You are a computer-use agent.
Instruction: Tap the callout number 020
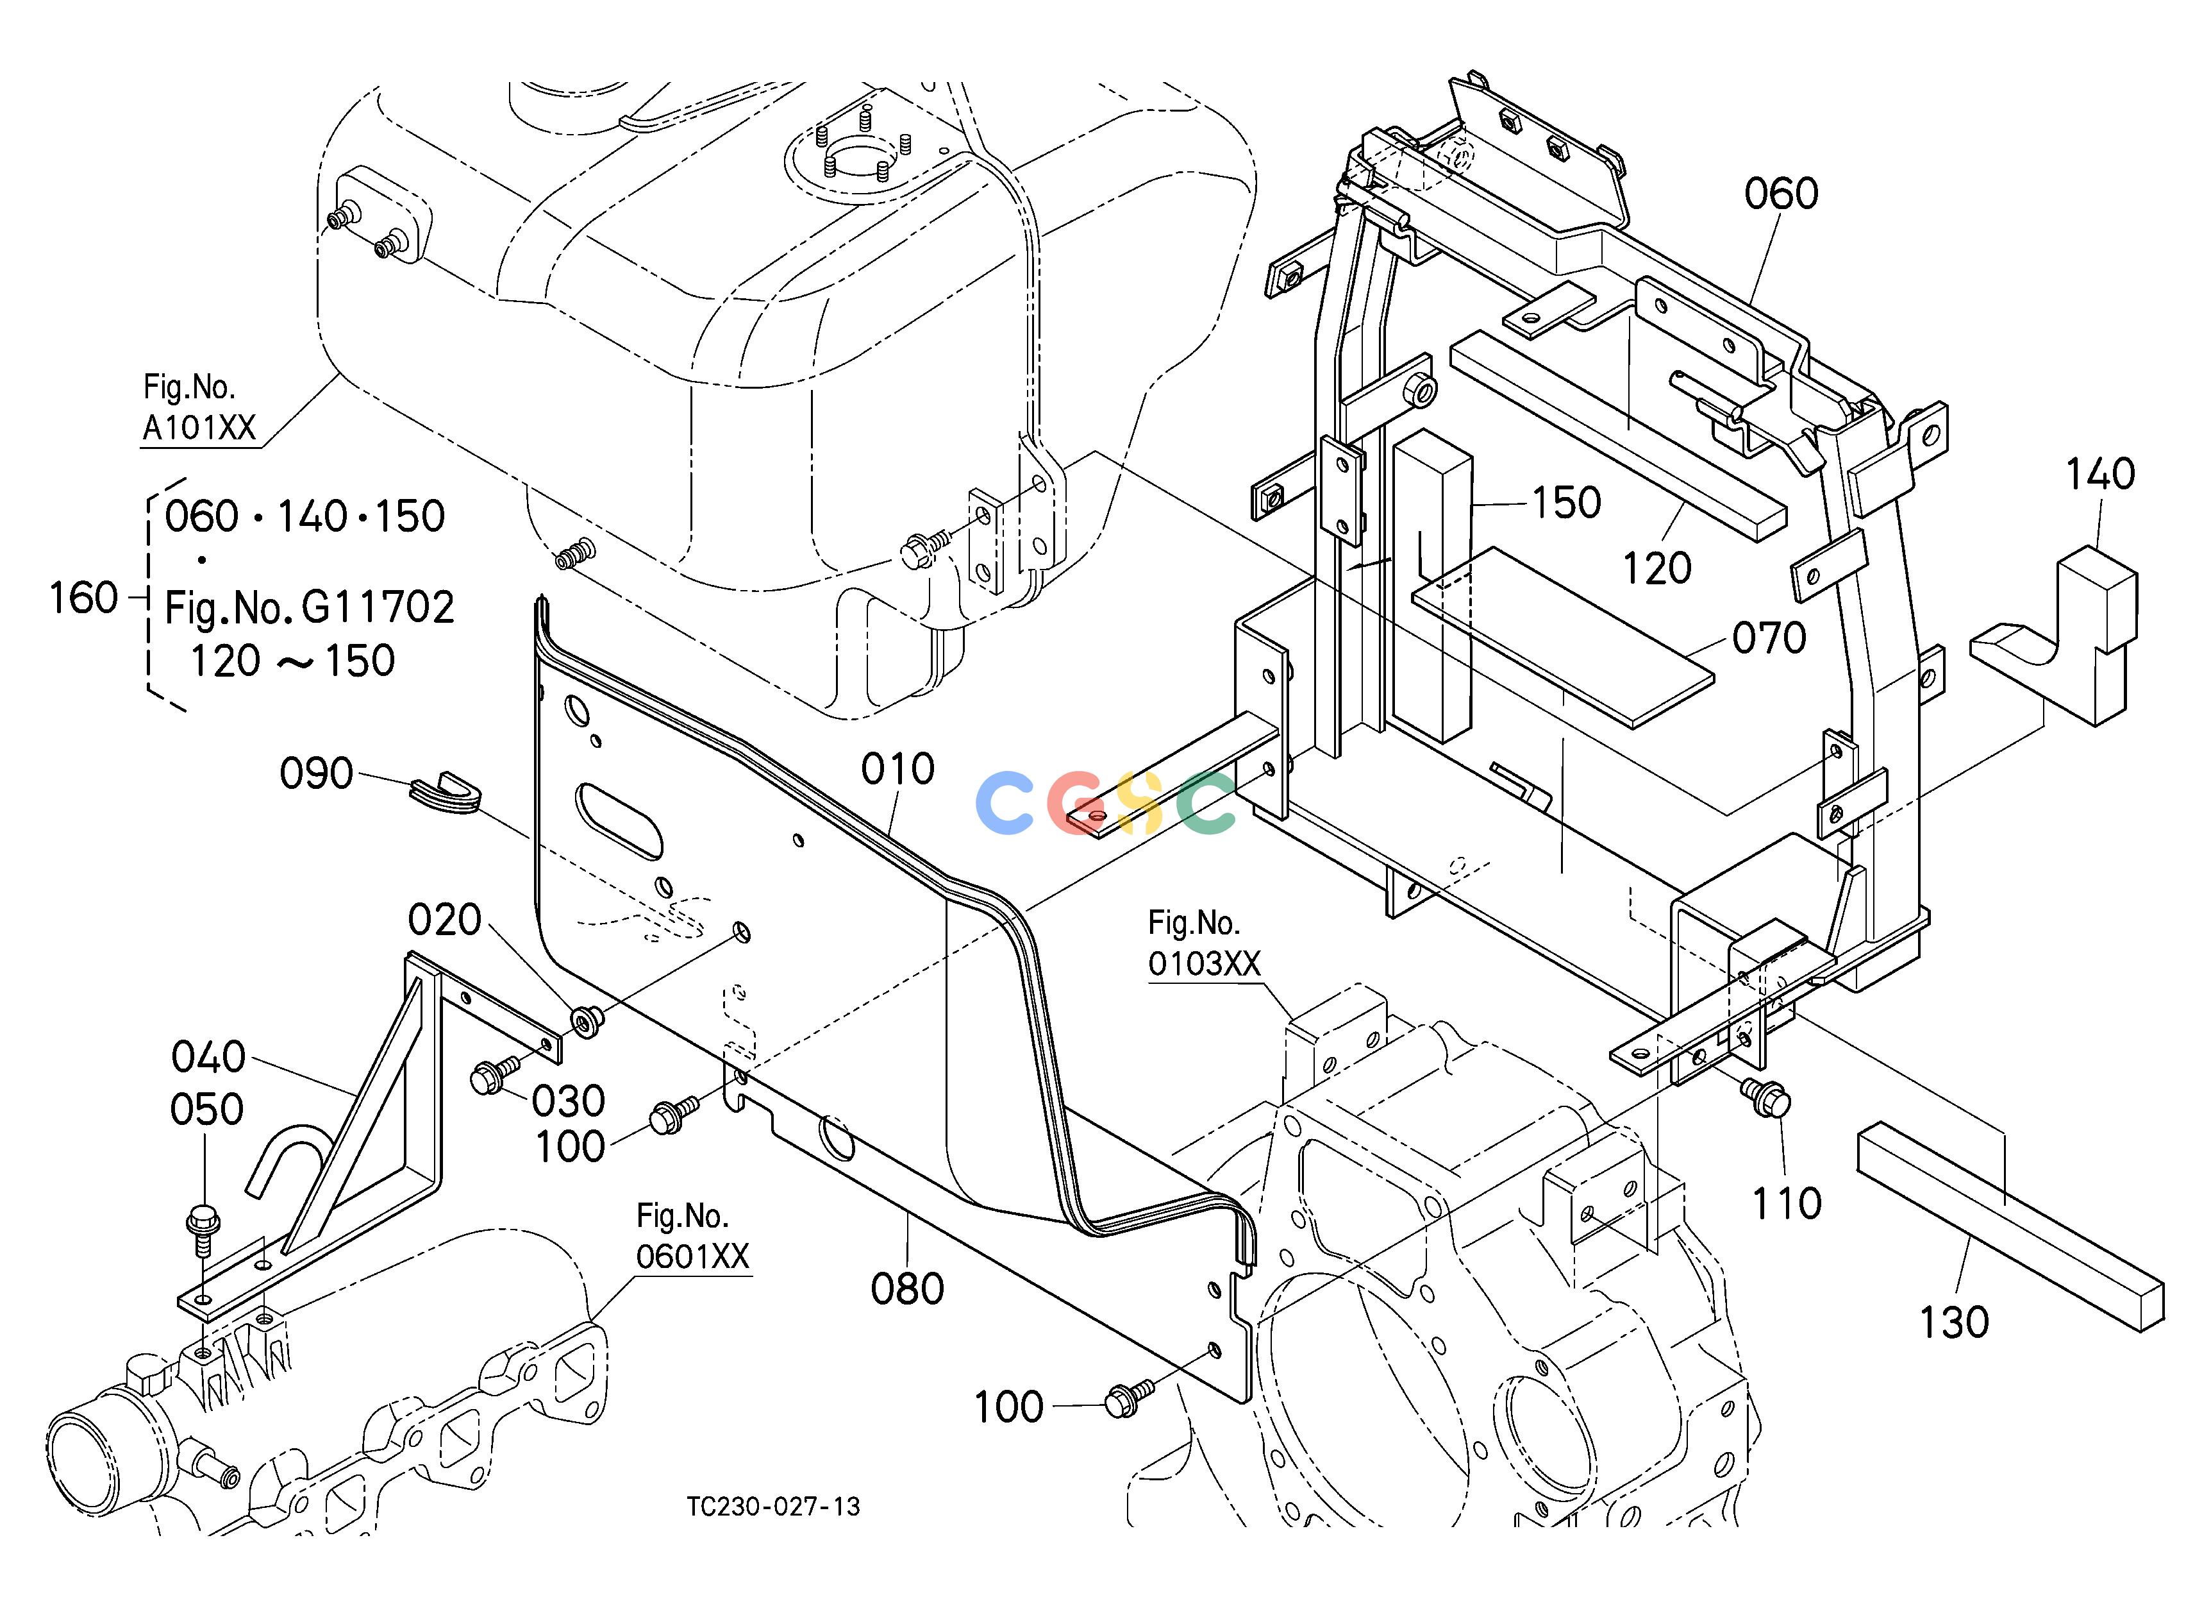pyautogui.click(x=444, y=920)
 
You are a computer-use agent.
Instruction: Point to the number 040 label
pyautogui.click(x=208, y=1057)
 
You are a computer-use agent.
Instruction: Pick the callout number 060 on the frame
pyautogui.click(x=1781, y=194)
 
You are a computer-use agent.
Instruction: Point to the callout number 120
pyautogui.click(x=1657, y=568)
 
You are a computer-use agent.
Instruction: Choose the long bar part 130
pyautogui.click(x=2010, y=1228)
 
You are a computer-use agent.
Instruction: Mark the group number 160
pyautogui.click(x=84, y=598)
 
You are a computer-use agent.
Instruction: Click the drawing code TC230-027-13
pyautogui.click(x=773, y=1507)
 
